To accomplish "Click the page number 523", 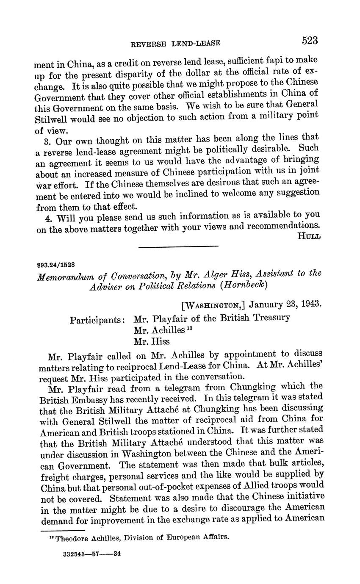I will pyautogui.click(x=310, y=41).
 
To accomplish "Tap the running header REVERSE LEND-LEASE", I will pyautogui.click(x=176, y=43).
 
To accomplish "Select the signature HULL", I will pyautogui.click(x=309, y=235).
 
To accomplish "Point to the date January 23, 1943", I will pyautogui.click(x=285, y=304).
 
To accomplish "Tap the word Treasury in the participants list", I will pyautogui.click(x=271, y=317).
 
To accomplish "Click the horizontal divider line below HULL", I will pyautogui.click(x=178, y=246).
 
